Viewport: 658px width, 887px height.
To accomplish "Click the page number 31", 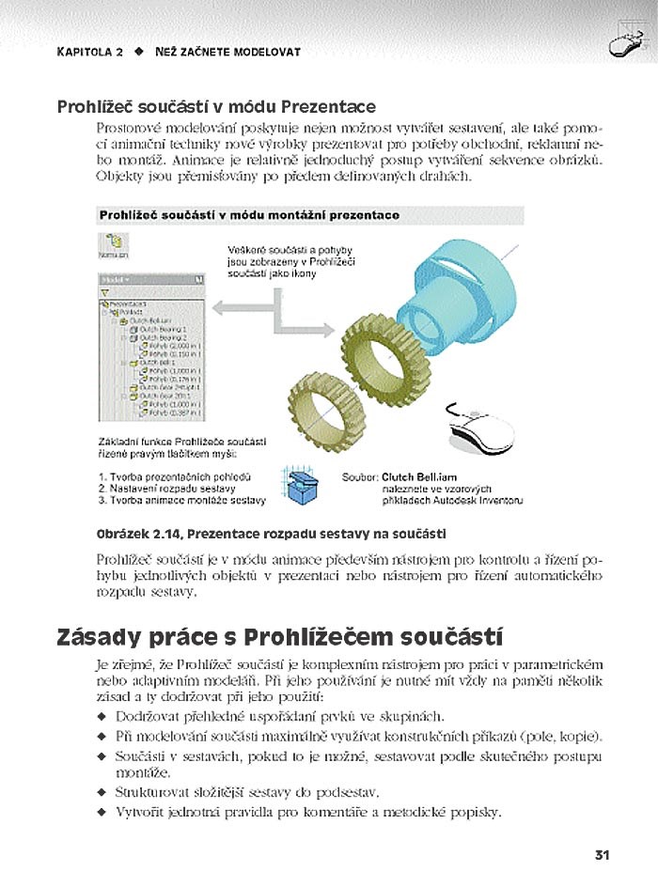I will click(603, 855).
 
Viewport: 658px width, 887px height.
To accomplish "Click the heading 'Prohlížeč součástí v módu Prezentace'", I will click(216, 107).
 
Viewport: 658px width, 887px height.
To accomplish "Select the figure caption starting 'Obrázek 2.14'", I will click(271, 534).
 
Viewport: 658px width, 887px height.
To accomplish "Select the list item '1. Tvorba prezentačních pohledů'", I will click(173, 477).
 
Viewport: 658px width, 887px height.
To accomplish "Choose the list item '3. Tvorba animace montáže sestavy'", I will click(181, 500).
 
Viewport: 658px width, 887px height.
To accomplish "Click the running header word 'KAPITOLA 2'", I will click(90, 52).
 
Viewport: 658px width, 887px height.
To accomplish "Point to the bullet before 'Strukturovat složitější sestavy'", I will click(102, 793).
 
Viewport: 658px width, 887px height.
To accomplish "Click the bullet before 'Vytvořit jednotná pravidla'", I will click(102, 812).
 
